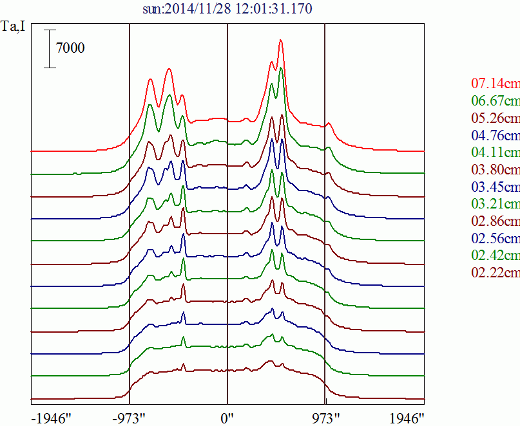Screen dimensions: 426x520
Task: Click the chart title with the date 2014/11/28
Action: [229, 9]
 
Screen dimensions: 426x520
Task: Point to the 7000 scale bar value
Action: [70, 48]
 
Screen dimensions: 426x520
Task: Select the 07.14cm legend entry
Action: [495, 84]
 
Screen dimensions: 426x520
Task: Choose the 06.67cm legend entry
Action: [495, 101]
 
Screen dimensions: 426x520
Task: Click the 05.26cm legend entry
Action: [495, 118]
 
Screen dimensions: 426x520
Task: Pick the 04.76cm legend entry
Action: [495, 136]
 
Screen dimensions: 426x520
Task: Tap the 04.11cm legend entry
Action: [495, 153]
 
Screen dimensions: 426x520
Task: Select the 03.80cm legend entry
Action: [495, 171]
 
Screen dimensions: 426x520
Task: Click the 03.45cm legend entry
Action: [495, 188]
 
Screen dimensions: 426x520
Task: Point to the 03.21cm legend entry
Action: [495, 205]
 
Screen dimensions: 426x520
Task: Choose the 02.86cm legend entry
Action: [495, 222]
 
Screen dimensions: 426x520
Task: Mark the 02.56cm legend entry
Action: [495, 239]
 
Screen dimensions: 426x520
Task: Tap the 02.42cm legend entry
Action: [495, 256]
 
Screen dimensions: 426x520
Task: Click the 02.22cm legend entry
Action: [495, 273]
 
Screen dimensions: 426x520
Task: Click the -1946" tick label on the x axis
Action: [51, 418]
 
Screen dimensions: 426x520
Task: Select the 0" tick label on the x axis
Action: [227, 418]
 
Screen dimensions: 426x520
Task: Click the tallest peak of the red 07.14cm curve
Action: [281, 41]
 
